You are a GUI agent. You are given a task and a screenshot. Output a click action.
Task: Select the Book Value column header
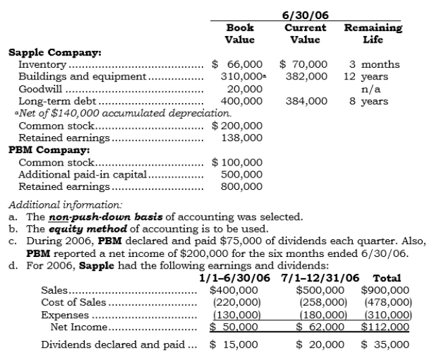[x=239, y=34]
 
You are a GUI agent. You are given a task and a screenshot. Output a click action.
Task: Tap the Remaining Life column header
[x=373, y=34]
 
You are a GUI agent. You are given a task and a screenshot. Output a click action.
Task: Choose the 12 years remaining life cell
[x=372, y=77]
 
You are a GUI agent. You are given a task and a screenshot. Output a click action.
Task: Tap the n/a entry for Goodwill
[x=373, y=89]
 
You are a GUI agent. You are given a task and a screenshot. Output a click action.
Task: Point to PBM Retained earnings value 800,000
[x=242, y=186]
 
